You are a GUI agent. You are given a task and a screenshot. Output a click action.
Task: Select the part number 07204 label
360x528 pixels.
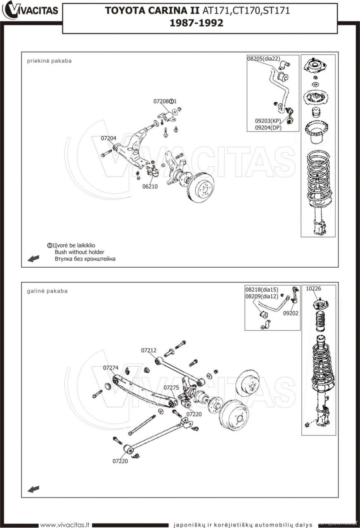tap(109, 138)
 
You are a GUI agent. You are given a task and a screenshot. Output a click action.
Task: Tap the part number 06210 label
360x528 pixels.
tap(150, 186)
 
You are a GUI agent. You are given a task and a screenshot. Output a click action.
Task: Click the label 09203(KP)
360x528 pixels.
tap(268, 121)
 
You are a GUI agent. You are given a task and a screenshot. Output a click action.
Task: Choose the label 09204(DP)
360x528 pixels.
tap(268, 127)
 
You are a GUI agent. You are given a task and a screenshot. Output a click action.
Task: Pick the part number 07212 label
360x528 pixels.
tap(149, 350)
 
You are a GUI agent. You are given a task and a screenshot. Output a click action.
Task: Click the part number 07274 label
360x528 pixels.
tap(111, 368)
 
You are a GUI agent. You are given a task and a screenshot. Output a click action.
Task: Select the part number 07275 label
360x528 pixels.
tap(171, 388)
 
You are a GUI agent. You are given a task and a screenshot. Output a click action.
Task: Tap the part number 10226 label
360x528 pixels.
tap(313, 289)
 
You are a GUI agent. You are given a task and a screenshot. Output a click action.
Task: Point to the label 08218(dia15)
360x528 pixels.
tap(261, 289)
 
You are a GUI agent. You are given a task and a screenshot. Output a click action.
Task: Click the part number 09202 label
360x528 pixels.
tap(291, 313)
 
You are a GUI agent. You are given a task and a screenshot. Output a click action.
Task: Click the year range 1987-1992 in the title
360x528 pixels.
tap(197, 23)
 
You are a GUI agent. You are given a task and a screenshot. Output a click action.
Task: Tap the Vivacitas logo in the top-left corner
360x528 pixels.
tap(31, 10)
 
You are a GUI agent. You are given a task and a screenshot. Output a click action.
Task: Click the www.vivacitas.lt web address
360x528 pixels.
tap(65, 525)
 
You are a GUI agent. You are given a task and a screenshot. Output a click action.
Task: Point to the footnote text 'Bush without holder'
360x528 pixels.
tap(79, 252)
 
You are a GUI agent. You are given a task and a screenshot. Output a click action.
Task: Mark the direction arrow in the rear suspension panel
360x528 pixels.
tap(33, 489)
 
